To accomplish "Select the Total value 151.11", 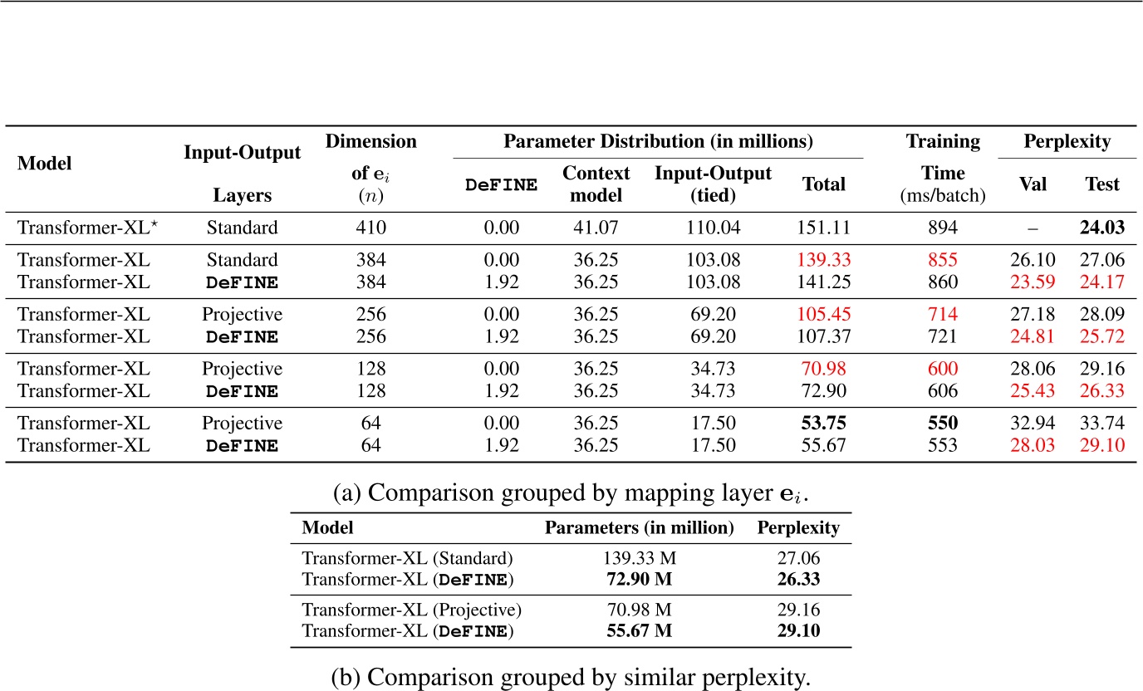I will coord(823,227).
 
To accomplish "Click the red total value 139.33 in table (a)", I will coord(823,260).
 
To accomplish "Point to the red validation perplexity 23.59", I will coord(1032,282).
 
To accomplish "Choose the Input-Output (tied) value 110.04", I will coord(713,227).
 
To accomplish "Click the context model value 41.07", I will coord(596,227).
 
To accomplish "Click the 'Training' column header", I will coord(943,142).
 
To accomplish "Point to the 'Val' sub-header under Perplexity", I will coord(1032,184).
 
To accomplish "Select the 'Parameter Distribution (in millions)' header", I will coord(658,142).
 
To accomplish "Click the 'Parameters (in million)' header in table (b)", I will coord(639,528).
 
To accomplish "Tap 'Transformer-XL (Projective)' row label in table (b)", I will coord(411,610).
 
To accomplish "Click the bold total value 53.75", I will coord(823,423).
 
